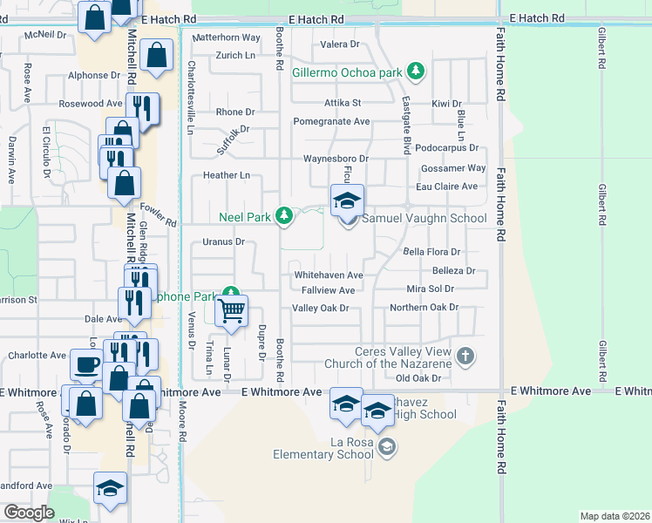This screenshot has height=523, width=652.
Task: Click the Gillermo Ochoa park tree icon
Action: [417, 71]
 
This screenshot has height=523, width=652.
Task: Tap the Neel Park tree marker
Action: [282, 214]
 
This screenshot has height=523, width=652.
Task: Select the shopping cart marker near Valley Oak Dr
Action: [231, 310]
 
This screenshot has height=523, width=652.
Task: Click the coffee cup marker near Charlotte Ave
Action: [86, 364]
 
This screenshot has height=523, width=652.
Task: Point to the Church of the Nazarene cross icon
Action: [465, 356]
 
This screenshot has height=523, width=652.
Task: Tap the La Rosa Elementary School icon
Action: [386, 447]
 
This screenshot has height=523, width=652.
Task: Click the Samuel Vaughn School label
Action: [424, 219]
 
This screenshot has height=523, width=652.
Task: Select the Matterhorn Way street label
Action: [227, 38]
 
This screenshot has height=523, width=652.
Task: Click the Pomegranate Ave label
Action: [332, 121]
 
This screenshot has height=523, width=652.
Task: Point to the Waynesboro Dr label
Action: [336, 159]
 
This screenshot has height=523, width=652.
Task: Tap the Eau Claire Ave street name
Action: [446, 187]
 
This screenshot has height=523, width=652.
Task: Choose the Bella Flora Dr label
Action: [431, 252]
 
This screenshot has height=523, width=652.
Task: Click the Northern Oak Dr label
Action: [424, 308]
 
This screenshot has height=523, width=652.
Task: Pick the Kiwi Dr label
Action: [445, 104]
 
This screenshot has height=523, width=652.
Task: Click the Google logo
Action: [29, 512]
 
